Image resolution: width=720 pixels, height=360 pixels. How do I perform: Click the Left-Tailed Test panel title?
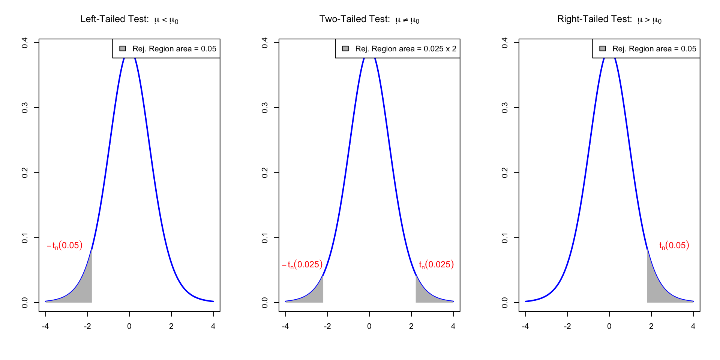(x=129, y=19)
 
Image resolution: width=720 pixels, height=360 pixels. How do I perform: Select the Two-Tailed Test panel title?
(x=369, y=19)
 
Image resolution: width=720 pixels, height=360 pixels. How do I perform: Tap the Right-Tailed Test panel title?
(x=609, y=19)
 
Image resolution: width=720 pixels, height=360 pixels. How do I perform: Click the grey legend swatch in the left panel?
(x=123, y=48)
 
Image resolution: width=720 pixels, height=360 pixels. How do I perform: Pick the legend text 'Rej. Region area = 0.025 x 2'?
(x=406, y=49)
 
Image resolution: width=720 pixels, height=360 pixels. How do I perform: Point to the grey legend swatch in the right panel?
(x=603, y=48)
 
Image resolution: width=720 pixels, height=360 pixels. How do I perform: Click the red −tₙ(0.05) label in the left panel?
(x=64, y=246)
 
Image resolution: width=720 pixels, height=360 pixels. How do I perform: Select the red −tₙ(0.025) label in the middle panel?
(x=302, y=265)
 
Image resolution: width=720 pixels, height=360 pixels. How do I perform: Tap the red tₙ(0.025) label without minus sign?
(x=436, y=265)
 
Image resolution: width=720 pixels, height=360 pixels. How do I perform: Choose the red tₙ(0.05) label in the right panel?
(x=674, y=246)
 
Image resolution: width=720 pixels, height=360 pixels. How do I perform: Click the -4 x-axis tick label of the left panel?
(x=45, y=326)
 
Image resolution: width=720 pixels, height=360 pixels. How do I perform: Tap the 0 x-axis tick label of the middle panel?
(x=369, y=326)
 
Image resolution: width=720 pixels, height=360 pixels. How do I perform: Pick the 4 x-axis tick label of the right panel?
(x=693, y=326)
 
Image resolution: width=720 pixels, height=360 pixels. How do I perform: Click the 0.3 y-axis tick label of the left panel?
(x=25, y=108)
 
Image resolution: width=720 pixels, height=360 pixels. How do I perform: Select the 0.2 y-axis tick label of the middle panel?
(x=265, y=172)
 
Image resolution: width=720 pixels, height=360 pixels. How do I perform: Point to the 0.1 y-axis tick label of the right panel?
(x=505, y=238)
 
